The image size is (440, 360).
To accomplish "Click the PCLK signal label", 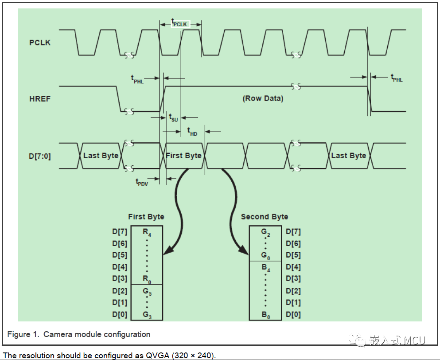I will pos(40,43).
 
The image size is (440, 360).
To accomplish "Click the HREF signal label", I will pos(40,98).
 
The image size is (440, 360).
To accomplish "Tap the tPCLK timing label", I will pos(180,23).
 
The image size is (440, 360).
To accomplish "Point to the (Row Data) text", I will pos(263,98).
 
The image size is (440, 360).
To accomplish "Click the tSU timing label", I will pos(174,117).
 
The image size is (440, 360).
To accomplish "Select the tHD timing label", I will pos(192,132).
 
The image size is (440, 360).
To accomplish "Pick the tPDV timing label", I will pos(142,182).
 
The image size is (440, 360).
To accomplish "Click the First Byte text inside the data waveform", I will pos(183,156).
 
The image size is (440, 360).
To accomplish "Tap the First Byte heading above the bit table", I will pos(146,217).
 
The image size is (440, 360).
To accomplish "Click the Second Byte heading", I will pos(265,217).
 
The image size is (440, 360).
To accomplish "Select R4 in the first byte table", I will pos(147,231).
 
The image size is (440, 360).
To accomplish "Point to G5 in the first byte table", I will pos(147,291).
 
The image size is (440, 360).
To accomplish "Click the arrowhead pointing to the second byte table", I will pos(244,251).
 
